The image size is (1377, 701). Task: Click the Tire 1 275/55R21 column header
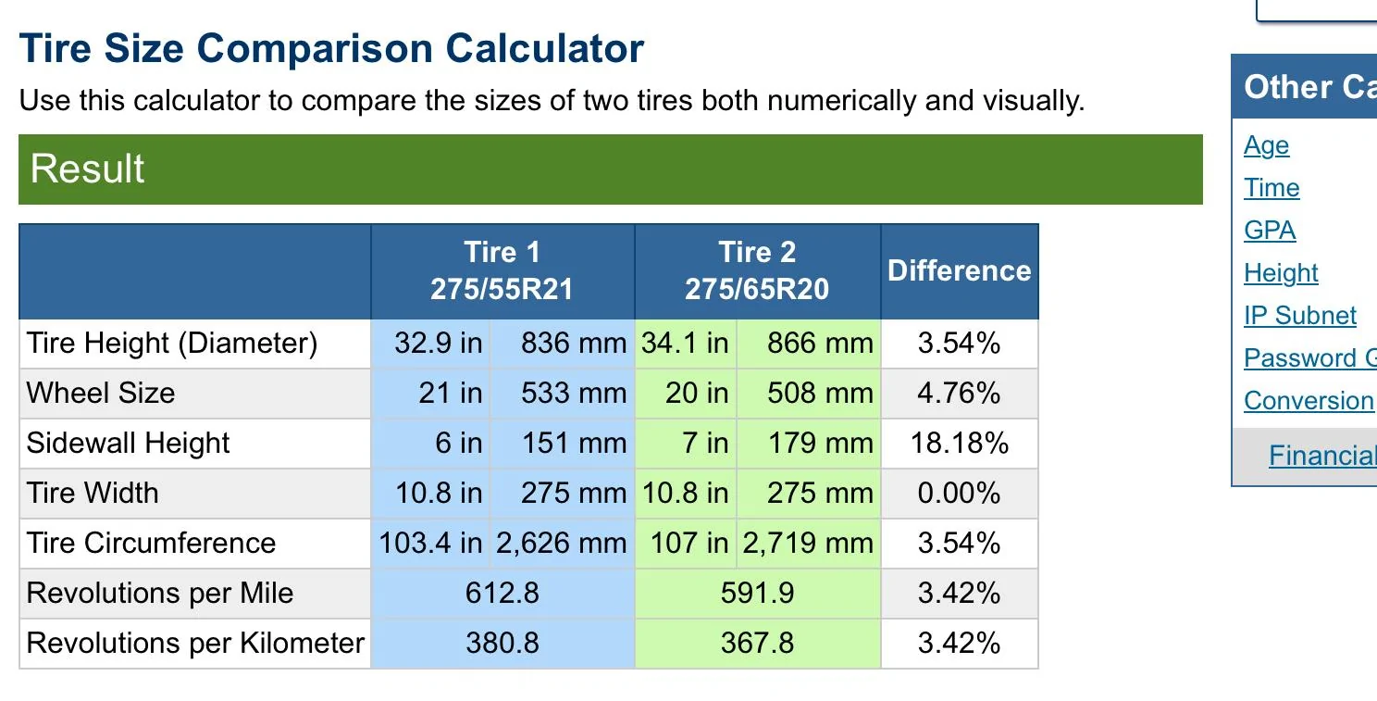[x=502, y=270]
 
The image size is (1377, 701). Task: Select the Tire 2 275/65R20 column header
[x=757, y=270]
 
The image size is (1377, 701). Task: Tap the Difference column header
[x=959, y=270]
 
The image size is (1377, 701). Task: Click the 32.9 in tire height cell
[x=438, y=344]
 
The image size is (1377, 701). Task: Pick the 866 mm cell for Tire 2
[x=820, y=344]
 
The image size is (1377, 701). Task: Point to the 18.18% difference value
[x=959, y=443]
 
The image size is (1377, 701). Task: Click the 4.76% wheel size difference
[x=959, y=393]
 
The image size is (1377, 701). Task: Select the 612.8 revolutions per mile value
[x=502, y=593]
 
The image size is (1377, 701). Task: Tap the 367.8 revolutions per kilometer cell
[x=757, y=644]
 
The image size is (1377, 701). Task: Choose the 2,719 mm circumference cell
[x=808, y=543]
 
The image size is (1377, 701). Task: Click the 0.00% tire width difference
[x=959, y=494]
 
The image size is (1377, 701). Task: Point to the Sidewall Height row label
[x=128, y=444]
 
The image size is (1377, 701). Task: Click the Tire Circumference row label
[x=151, y=543]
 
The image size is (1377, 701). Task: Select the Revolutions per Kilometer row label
[x=195, y=644]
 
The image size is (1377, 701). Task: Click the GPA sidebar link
[x=1270, y=231]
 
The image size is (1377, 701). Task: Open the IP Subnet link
[x=1299, y=316]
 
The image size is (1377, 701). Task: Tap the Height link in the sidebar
[x=1281, y=273]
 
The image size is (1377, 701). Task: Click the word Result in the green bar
[x=87, y=169]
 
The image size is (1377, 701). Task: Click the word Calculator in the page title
[x=544, y=48]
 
